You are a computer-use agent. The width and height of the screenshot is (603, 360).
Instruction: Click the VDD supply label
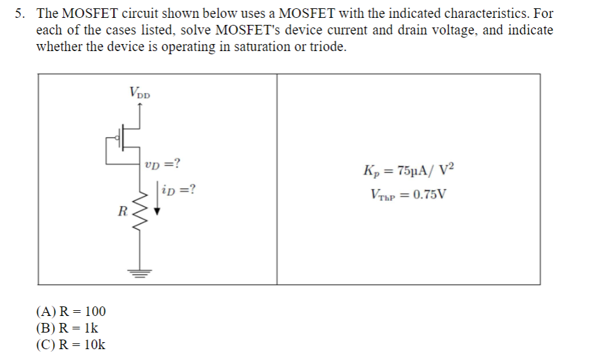[x=140, y=93]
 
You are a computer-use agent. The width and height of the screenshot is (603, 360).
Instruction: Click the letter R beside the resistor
[x=122, y=209]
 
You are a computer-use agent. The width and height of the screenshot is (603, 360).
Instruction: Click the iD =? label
[x=179, y=190]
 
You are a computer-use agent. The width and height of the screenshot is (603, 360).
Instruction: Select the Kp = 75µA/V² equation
[x=409, y=171]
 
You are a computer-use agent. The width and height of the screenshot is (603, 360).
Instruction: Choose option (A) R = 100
[x=71, y=311]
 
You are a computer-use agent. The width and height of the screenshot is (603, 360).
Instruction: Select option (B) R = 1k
[x=67, y=328]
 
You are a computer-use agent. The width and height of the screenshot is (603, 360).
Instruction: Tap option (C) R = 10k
[x=71, y=345]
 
